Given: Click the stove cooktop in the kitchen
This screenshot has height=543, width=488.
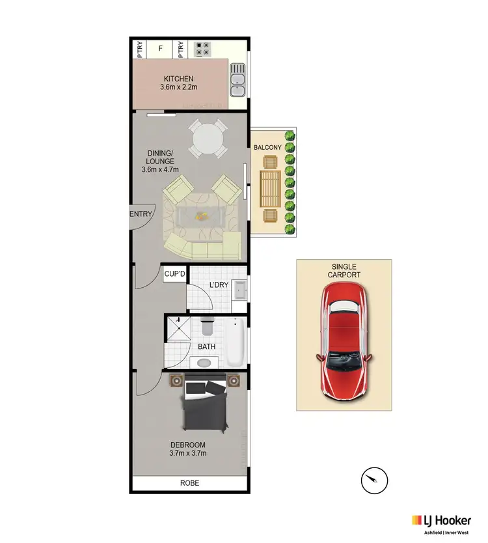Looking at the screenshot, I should click(203, 48).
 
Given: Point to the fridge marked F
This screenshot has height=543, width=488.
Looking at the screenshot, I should click(160, 48).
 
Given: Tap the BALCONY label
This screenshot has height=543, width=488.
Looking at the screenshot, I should click(268, 148).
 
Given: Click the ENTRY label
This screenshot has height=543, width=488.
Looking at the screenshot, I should click(141, 214).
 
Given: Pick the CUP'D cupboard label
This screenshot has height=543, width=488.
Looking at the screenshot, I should click(174, 274).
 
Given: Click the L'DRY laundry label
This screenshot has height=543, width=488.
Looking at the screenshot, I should click(217, 285).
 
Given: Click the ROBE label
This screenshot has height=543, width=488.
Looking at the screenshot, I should click(190, 483).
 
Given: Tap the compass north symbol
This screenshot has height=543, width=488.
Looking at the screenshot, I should click(370, 481).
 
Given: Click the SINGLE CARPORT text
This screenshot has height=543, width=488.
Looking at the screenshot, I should click(345, 270).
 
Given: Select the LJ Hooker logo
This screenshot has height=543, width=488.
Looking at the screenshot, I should click(441, 520).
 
